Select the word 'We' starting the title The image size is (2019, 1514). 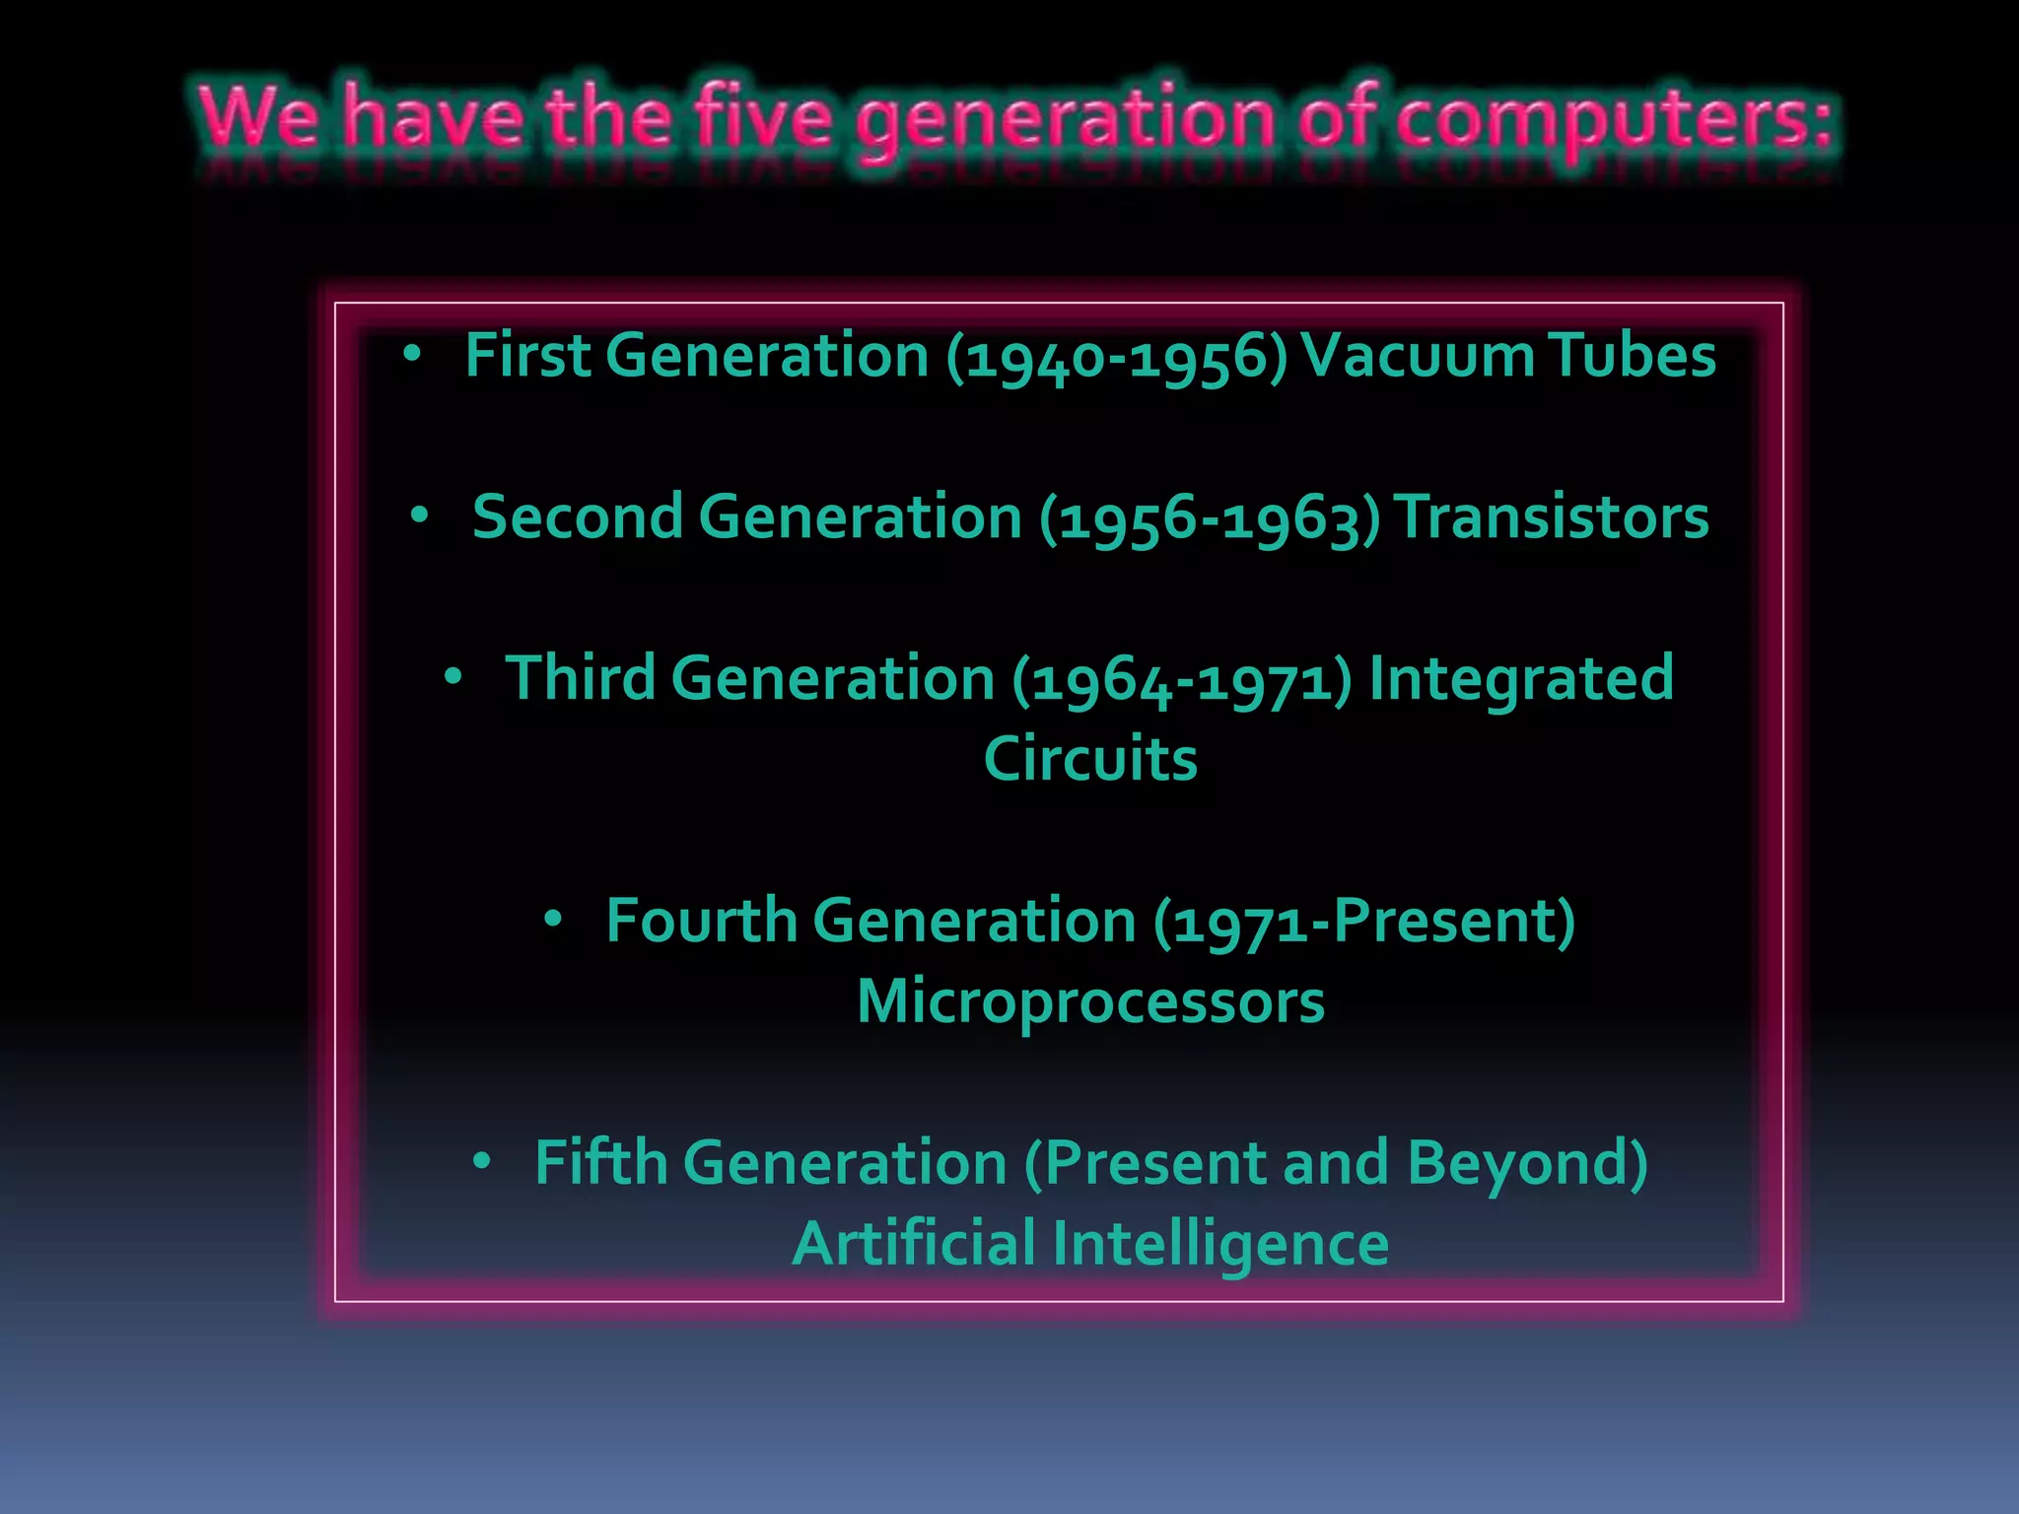258,118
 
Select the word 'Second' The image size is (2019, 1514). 578,516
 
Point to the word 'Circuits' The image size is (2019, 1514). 1090,759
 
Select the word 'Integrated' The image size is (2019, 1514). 1521,680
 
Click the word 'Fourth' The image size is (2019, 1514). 701,921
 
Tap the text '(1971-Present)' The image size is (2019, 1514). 1364,923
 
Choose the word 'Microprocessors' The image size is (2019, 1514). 1090,1002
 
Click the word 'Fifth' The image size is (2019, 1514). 600,1162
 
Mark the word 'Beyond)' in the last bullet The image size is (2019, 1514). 1527,1164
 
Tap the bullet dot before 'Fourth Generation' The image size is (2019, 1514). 553,920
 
